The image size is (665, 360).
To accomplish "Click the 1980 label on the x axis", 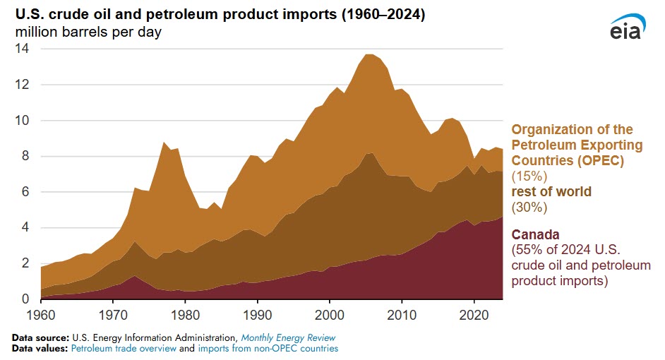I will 185,313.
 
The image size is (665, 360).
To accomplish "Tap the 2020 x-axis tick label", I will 475,313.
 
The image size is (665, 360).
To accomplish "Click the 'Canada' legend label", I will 536,234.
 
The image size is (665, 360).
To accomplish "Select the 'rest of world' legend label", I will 551,191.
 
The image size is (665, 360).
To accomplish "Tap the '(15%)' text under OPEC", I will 528,175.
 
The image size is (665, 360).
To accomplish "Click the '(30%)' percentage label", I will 528,207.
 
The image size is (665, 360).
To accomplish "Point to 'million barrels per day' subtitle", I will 88,32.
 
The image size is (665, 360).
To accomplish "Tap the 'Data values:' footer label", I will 38,348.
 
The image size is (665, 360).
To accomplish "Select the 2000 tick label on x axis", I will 330,313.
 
